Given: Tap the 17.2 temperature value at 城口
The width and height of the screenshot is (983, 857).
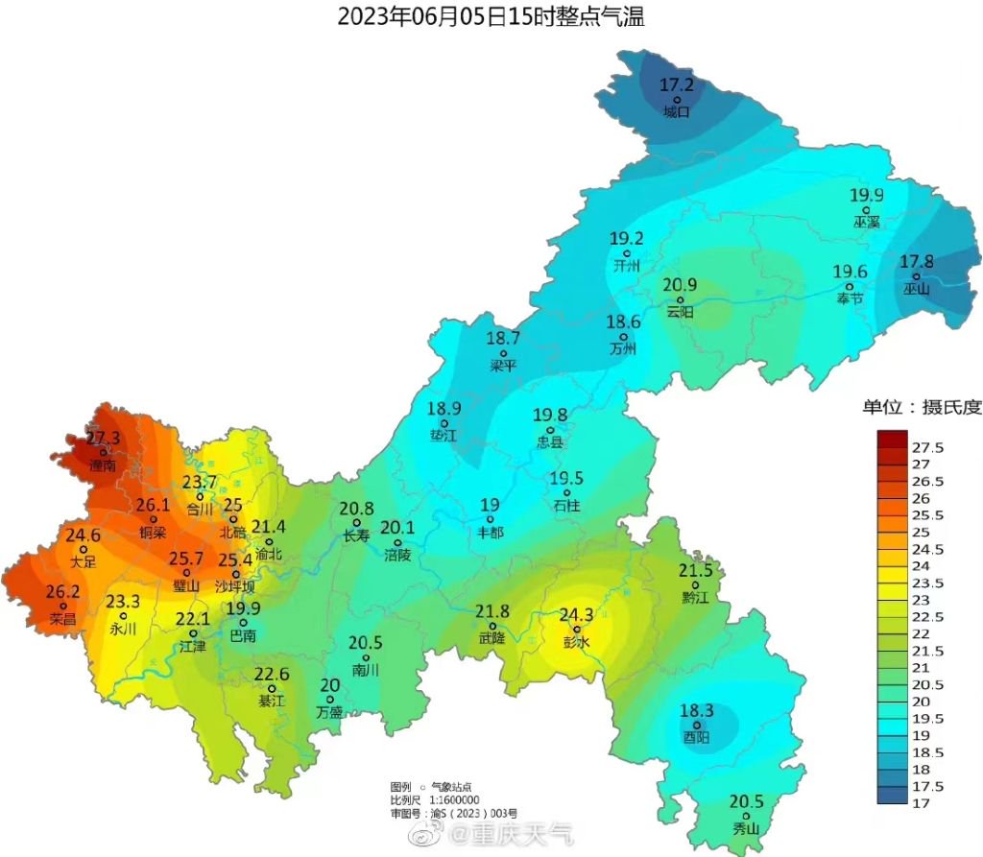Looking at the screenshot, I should pyautogui.click(x=677, y=85).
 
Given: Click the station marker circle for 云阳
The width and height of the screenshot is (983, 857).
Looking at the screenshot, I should pyautogui.click(x=681, y=298).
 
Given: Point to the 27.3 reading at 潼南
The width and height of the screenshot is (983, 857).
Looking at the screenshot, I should pyautogui.click(x=103, y=438).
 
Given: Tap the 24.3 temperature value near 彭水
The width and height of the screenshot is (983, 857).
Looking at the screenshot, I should pyautogui.click(x=577, y=615).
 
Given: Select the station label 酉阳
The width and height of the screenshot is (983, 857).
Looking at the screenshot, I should pyautogui.click(x=697, y=738).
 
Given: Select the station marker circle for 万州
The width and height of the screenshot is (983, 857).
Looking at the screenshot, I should pyautogui.click(x=624, y=336).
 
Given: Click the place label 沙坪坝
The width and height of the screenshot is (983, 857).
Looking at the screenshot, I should pyautogui.click(x=235, y=586).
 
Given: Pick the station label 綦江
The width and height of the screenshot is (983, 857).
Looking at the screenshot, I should pyautogui.click(x=272, y=702).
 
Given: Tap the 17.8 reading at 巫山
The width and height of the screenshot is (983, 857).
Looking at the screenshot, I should pyautogui.click(x=917, y=262).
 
